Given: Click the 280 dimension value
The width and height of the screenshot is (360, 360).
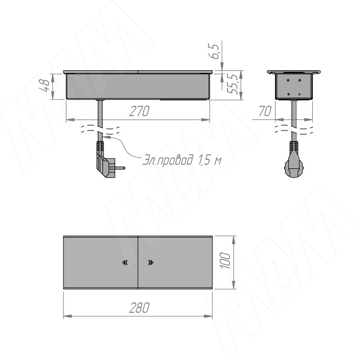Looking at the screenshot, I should pos(138,308).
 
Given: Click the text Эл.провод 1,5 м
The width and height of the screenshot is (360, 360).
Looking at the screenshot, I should pos(182,160).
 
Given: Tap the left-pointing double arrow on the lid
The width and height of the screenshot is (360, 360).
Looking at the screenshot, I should pos(125,263).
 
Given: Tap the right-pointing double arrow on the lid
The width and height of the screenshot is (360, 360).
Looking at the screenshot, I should pos(150,263).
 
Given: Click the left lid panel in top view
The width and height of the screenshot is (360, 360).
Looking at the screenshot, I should pos(100,262).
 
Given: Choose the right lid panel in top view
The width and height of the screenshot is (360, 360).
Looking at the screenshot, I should pos(175,262).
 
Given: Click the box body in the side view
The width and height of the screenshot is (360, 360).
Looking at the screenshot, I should pos(294,86).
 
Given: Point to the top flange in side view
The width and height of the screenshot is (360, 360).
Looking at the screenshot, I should pos(294,72).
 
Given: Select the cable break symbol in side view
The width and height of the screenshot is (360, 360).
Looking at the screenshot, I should pos(294,130).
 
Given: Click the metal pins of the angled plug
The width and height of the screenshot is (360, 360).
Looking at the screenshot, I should pos(121,168).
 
